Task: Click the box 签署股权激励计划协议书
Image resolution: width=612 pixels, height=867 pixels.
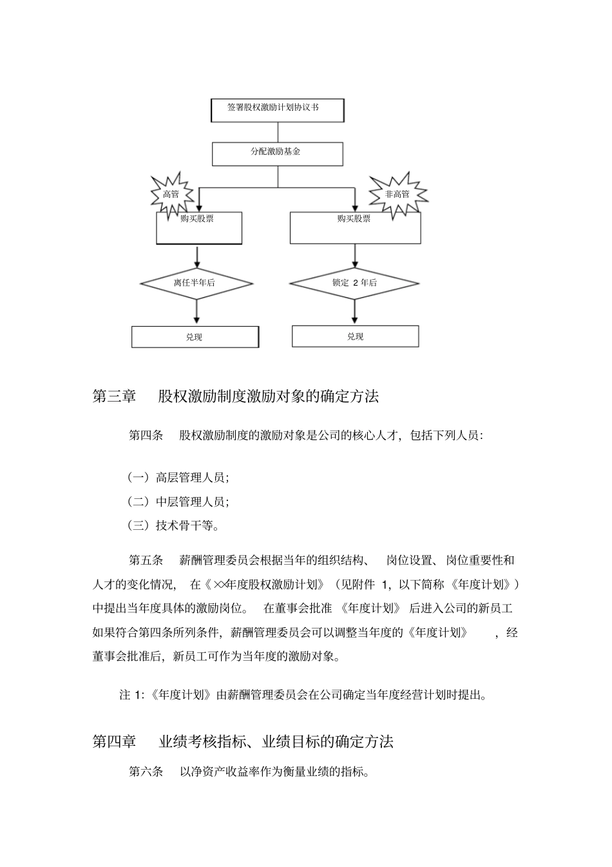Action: click(277, 110)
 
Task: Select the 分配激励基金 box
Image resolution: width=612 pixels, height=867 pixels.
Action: click(277, 153)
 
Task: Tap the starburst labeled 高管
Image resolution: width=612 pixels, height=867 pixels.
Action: click(172, 193)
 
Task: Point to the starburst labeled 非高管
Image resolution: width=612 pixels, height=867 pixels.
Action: click(397, 193)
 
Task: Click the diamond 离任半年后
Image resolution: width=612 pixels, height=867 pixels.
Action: click(196, 282)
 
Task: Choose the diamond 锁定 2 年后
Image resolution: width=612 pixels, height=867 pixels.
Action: click(354, 282)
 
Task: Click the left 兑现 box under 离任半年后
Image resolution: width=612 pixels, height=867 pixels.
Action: click(195, 336)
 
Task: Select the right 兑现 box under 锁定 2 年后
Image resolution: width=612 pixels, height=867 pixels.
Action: click(355, 336)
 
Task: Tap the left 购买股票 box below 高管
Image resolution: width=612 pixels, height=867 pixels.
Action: click(199, 228)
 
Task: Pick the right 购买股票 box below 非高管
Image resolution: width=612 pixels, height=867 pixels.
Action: click(355, 228)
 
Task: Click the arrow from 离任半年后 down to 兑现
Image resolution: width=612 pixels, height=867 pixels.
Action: click(196, 312)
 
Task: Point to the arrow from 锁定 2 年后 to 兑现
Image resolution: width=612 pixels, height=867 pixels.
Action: click(354, 312)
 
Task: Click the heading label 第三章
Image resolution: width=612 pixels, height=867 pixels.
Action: click(114, 396)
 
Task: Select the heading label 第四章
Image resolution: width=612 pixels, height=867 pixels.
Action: click(114, 741)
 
